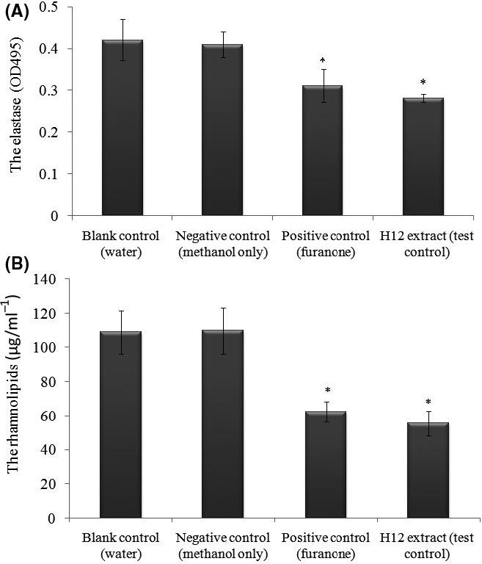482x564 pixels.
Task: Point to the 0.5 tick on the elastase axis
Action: coord(52,7)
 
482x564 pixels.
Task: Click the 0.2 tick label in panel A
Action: coord(52,132)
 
